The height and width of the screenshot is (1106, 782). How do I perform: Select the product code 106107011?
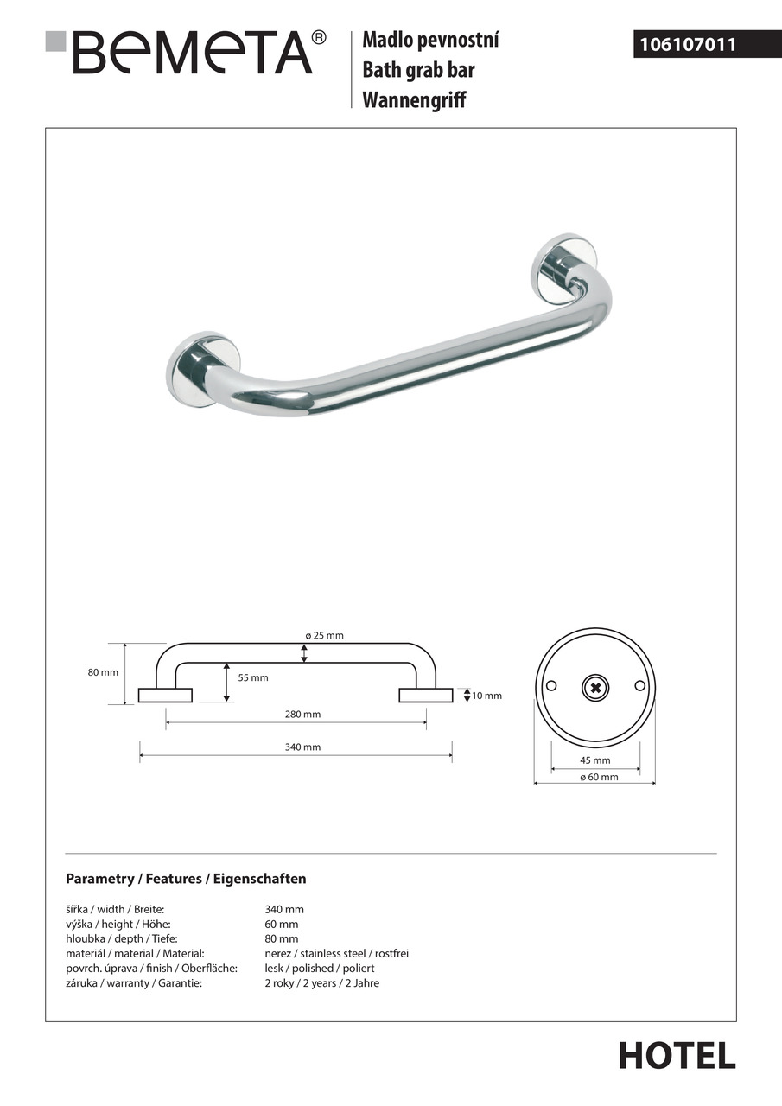click(687, 44)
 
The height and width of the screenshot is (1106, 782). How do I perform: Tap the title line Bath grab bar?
click(418, 70)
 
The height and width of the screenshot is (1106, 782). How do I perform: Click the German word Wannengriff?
click(414, 100)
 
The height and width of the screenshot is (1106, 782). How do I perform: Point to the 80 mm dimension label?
click(103, 673)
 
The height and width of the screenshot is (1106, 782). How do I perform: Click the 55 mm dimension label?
click(253, 678)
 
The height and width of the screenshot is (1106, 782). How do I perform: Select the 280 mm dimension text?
click(302, 715)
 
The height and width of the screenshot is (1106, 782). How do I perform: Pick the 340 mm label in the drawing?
click(302, 747)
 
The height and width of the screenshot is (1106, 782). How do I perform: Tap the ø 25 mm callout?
click(324, 636)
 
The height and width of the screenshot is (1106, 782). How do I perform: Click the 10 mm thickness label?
click(486, 696)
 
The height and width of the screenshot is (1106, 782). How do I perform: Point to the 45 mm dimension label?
click(594, 761)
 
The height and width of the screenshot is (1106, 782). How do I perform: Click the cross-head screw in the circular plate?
click(595, 687)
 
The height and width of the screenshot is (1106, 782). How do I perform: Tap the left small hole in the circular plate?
click(551, 686)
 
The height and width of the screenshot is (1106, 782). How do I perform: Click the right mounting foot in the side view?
click(425, 696)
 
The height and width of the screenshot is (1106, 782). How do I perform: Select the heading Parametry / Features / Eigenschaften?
click(186, 880)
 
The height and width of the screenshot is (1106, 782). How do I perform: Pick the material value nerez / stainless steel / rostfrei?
click(336, 954)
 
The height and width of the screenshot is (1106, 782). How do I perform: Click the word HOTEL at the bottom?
click(677, 1056)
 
